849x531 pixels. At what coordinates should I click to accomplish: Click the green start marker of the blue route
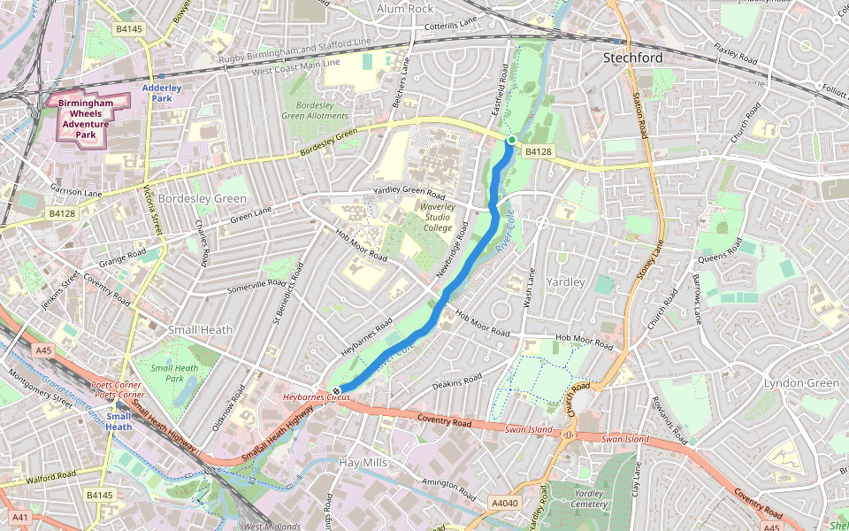(511, 140)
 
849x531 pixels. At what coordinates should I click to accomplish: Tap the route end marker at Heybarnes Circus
(337, 390)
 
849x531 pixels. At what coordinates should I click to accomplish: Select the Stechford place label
(632, 58)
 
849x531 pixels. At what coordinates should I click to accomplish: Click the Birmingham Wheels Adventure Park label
(85, 118)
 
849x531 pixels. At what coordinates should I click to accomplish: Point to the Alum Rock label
(405, 9)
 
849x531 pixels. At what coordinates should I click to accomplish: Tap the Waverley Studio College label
(438, 217)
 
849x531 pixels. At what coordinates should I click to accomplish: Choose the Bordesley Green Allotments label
(315, 111)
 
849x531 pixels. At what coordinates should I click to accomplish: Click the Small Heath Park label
(174, 373)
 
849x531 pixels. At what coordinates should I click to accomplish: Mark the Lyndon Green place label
(801, 382)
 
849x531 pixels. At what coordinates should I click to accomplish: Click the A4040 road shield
(504, 504)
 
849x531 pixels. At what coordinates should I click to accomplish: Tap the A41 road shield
(19, 517)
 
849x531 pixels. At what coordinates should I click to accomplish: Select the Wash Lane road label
(530, 289)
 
